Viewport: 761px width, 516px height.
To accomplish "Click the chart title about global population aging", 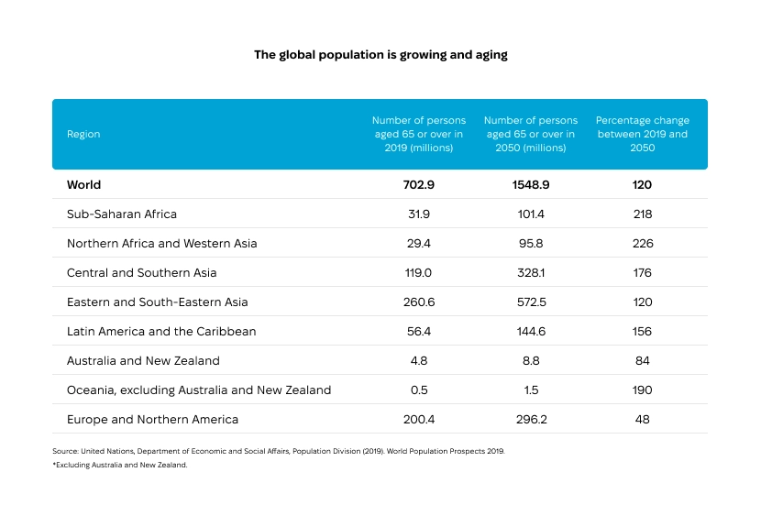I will pyautogui.click(x=380, y=55).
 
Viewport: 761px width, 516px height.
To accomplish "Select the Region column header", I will pyautogui.click(x=83, y=134).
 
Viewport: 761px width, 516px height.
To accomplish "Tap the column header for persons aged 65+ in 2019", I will pyautogui.click(x=418, y=134).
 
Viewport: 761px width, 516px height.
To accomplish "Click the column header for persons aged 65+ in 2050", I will pyautogui.click(x=530, y=134).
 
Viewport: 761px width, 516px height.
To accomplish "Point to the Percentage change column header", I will pyautogui.click(x=642, y=134).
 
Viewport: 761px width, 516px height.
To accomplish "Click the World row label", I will pyautogui.click(x=83, y=184).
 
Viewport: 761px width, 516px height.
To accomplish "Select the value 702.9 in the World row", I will pyautogui.click(x=418, y=184).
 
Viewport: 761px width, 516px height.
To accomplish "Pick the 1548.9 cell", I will pyautogui.click(x=530, y=184).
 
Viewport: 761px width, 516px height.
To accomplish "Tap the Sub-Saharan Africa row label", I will pyautogui.click(x=121, y=214).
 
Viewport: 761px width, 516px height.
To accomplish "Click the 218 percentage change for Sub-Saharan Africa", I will pyautogui.click(x=642, y=214).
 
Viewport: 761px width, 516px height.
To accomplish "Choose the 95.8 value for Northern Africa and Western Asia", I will pyautogui.click(x=530, y=243).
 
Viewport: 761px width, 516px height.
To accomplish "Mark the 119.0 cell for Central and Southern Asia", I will pyautogui.click(x=418, y=272).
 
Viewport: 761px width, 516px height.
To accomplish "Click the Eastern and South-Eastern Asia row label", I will pyautogui.click(x=157, y=302).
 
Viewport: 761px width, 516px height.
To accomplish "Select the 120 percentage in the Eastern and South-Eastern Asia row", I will pyautogui.click(x=642, y=302).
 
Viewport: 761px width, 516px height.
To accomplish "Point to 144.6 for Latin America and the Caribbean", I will pyautogui.click(x=530, y=331).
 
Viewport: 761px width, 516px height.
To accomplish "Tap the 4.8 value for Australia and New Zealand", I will pyautogui.click(x=418, y=360).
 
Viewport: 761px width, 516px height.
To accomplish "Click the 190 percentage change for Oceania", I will pyautogui.click(x=642, y=390).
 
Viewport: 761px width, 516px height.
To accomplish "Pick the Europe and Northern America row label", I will pyautogui.click(x=152, y=419).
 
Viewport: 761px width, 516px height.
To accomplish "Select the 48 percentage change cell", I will pyautogui.click(x=642, y=419).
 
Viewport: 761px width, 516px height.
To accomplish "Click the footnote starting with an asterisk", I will pyautogui.click(x=120, y=465).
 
